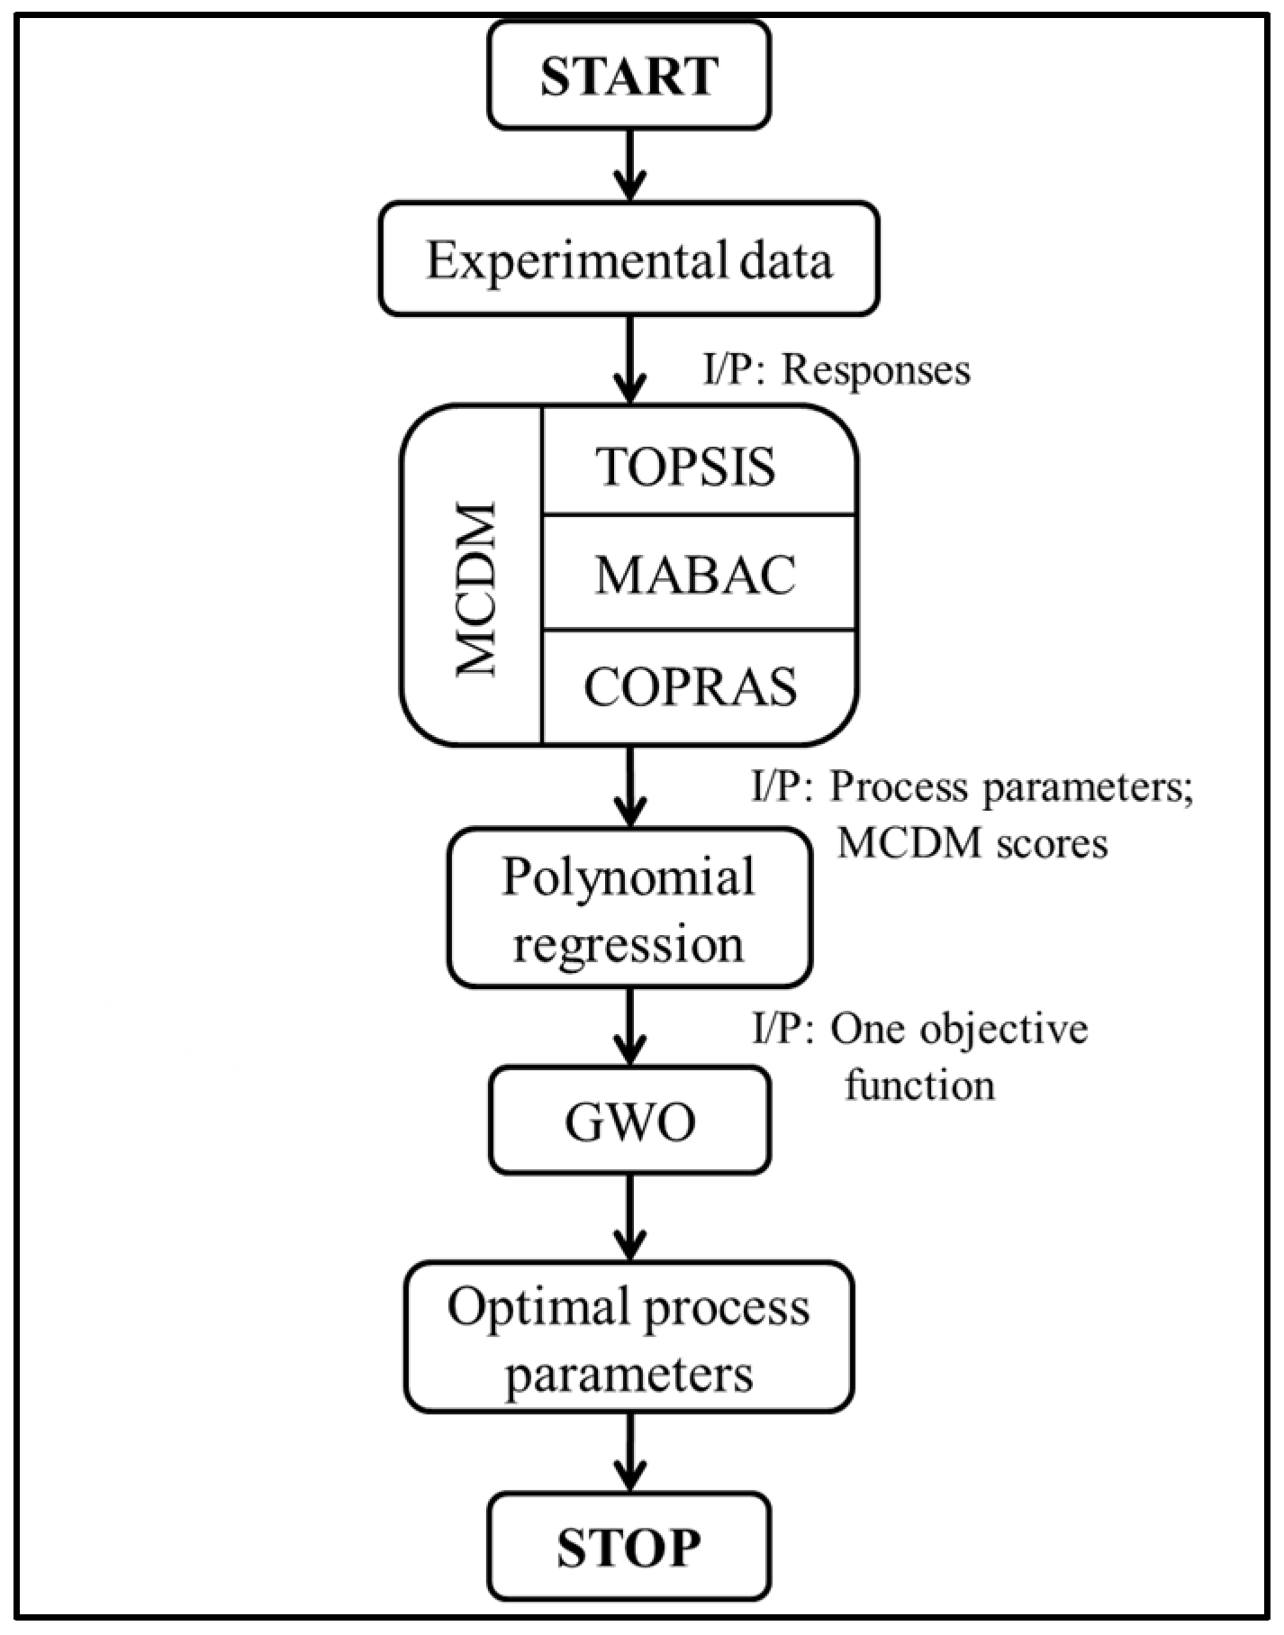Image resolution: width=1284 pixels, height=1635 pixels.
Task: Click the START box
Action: tap(628, 75)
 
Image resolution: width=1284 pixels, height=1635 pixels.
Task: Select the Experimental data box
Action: tap(628, 259)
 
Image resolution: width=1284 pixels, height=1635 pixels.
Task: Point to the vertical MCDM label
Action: tap(476, 590)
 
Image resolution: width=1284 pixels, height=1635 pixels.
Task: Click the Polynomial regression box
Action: tap(628, 908)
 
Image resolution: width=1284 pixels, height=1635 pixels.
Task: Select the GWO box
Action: tap(629, 1121)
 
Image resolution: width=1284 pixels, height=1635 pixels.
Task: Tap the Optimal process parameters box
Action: tap(628, 1337)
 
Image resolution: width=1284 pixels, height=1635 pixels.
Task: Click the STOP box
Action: tap(628, 1547)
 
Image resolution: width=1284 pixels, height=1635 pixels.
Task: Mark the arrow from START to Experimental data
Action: tap(629, 165)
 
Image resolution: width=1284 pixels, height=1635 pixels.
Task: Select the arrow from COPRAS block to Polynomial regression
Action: tap(629, 786)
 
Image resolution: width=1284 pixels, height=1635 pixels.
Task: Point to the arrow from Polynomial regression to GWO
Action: tap(629, 1026)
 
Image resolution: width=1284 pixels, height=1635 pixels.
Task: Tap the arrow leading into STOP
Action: tap(629, 1451)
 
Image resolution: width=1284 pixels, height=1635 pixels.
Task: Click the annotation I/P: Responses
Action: tap(836, 369)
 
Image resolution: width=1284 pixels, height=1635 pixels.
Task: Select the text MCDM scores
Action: tap(972, 843)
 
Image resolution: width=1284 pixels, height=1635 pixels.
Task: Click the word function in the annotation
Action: tap(919, 1085)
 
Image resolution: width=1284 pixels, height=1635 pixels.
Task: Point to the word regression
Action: tap(628, 944)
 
